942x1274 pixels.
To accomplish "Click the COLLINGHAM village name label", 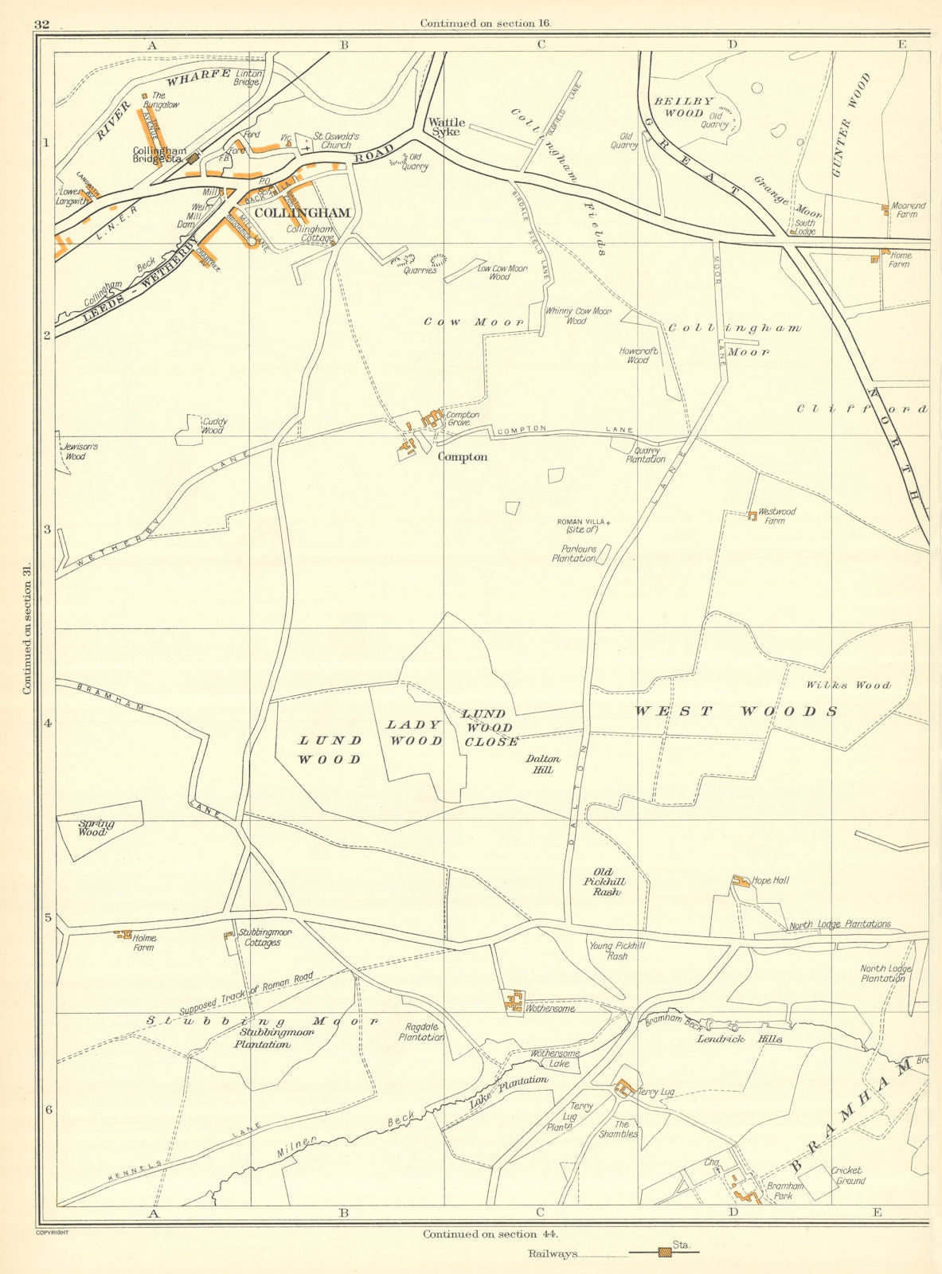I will tap(302, 213).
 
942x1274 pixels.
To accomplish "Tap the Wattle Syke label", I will tap(447, 127).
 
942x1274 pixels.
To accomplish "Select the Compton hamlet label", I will tap(463, 458).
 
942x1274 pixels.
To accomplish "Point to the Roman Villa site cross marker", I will tap(610, 523).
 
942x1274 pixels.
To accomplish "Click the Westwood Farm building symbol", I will tap(752, 516).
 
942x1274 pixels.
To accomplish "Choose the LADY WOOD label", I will tap(414, 733).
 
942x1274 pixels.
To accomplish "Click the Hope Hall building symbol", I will tap(741, 881).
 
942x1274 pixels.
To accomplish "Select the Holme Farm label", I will tap(144, 944).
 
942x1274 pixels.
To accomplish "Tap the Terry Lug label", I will tap(656, 1092).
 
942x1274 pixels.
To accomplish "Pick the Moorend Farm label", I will tap(908, 210).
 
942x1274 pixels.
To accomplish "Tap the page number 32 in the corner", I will tap(42, 25).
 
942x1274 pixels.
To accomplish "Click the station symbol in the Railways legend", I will tap(663, 1253).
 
